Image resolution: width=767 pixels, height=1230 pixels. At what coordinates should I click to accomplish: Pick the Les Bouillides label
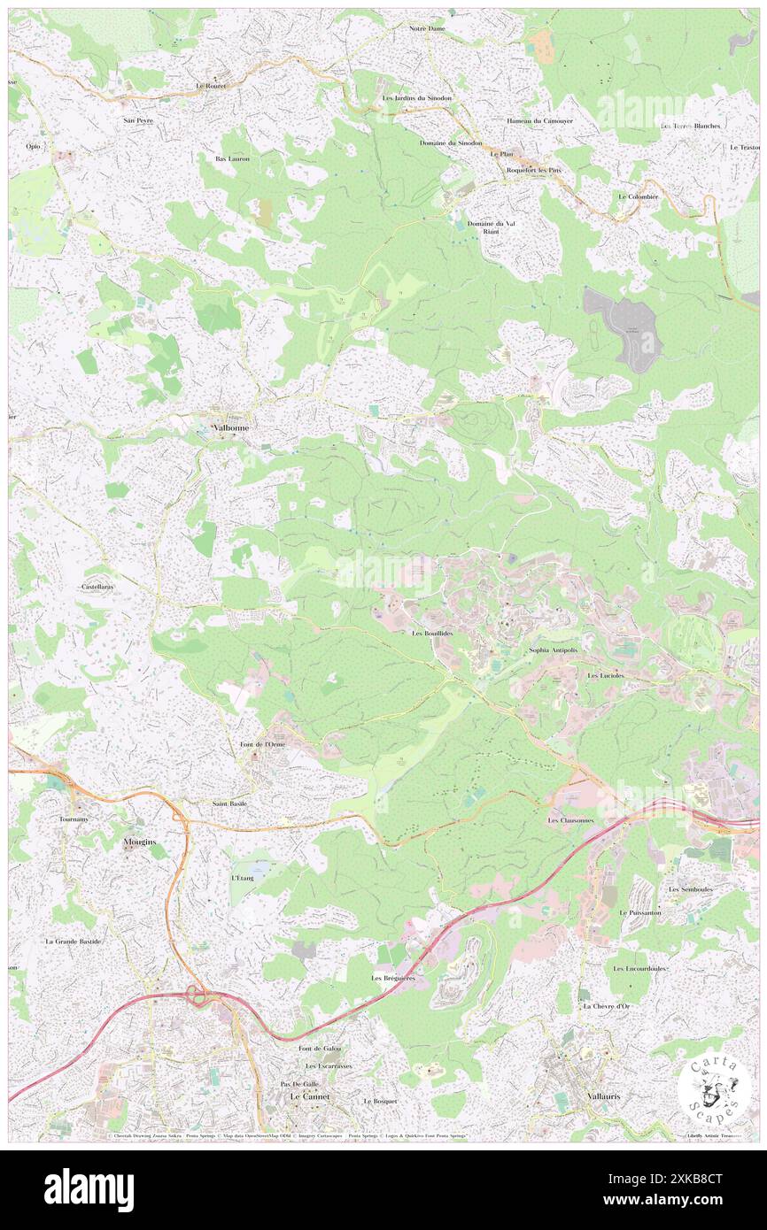coord(432,634)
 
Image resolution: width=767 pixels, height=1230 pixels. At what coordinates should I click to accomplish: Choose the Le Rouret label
coord(211,86)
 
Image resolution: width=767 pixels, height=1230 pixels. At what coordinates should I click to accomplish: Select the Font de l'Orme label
coord(263,744)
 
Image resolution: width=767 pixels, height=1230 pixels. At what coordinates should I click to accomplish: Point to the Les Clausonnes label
coord(570,820)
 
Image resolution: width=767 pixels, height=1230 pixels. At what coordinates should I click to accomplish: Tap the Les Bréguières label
coord(393,978)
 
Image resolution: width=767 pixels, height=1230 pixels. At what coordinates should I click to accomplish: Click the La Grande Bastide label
coord(73,942)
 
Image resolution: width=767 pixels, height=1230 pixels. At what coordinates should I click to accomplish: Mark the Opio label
coord(34,146)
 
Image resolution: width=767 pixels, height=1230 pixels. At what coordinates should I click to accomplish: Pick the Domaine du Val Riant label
coord(491,227)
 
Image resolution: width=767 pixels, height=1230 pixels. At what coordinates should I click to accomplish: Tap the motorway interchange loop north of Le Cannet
coord(197,998)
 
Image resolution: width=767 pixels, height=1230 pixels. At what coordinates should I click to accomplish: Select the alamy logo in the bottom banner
coord(89,1189)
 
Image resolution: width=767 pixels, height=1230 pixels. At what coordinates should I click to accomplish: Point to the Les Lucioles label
coord(606,675)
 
